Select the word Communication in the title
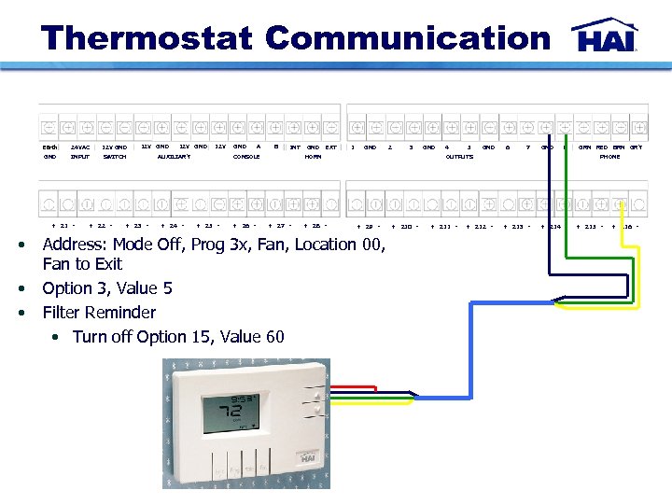[408, 39]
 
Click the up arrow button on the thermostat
[317, 395]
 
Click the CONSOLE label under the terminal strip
[246, 157]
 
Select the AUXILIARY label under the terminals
[174, 157]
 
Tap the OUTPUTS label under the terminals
[459, 157]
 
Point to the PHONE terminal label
[609, 157]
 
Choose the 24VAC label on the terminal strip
[80, 147]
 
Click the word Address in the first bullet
[74, 245]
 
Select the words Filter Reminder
[99, 313]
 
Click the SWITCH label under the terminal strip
[115, 157]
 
